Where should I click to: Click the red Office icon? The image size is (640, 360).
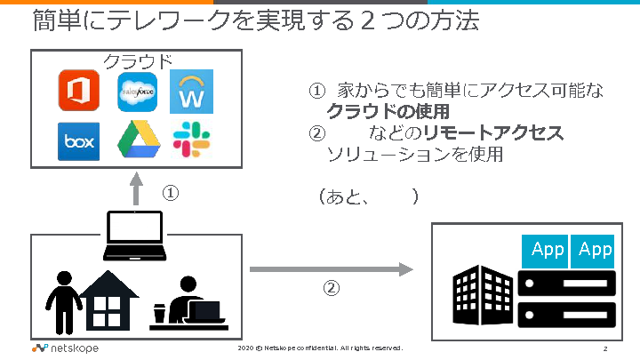coord(78,92)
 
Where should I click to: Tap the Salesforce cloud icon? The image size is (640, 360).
coord(136,92)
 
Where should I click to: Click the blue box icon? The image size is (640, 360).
coord(78,141)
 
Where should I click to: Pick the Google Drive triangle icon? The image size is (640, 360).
coord(136,141)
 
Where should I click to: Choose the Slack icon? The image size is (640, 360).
coord(190,141)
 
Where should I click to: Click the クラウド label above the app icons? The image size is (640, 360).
coord(138,61)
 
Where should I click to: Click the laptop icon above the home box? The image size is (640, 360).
coord(134,236)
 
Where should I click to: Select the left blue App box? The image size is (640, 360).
coord(547,250)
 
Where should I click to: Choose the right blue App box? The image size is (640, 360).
coord(595,250)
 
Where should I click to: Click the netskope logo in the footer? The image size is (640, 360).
coord(65,348)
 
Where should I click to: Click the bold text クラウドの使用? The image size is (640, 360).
coord(387,111)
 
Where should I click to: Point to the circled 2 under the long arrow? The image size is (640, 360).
coord(330,288)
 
